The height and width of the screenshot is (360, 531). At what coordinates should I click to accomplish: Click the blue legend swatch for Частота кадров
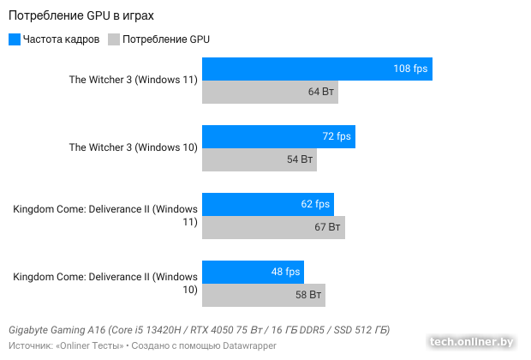(15, 39)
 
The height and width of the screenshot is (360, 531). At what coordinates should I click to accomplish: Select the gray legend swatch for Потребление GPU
(114, 39)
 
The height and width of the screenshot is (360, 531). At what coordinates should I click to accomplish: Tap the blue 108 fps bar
(317, 69)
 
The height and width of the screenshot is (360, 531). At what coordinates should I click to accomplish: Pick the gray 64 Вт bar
(270, 92)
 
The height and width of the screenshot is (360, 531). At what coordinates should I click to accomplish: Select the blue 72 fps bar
(278, 136)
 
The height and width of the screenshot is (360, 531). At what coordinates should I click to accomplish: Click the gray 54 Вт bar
(259, 159)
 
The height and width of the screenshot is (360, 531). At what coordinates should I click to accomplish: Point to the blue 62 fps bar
(267, 204)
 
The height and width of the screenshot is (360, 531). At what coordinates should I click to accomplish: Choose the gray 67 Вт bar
(273, 227)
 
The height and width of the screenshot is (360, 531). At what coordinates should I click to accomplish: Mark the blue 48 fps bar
(253, 272)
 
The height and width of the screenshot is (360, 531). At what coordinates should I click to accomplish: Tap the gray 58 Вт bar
(263, 295)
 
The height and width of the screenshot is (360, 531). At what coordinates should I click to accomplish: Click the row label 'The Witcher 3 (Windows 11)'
(134, 80)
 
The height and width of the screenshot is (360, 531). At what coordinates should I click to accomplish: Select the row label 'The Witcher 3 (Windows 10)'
(134, 147)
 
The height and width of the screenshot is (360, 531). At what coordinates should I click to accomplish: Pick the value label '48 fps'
(286, 272)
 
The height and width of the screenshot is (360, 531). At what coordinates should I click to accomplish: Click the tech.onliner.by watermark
(473, 341)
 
